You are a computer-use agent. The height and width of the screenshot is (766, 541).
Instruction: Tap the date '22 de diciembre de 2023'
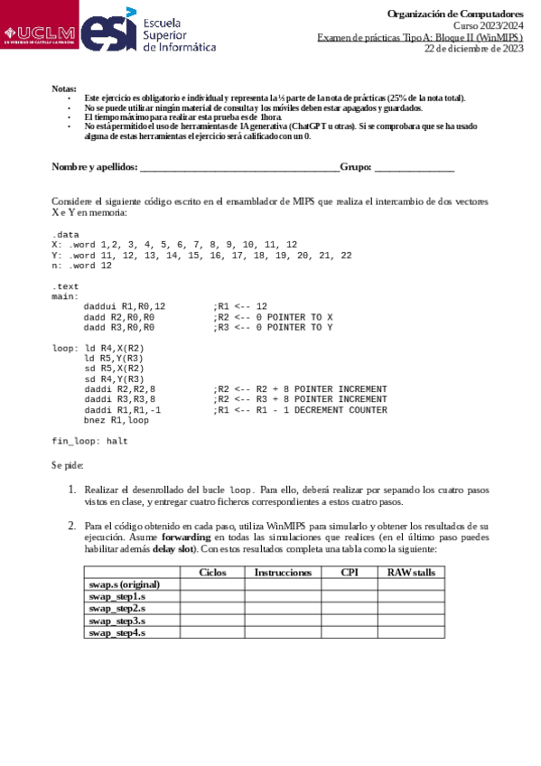(474, 49)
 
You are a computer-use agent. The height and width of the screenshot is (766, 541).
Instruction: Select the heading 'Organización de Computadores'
(454, 14)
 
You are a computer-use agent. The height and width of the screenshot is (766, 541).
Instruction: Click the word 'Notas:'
(64, 89)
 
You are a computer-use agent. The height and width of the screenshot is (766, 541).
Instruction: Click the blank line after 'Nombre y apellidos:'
(239, 167)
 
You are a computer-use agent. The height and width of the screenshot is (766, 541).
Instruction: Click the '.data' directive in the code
(65, 234)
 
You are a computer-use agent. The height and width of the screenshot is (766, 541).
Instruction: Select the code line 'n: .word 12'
(81, 266)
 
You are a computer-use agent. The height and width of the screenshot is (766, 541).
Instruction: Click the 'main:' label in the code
(65, 296)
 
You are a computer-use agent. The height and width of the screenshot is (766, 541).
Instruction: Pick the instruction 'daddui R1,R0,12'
(124, 306)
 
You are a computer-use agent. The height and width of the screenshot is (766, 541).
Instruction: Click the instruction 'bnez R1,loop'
(117, 420)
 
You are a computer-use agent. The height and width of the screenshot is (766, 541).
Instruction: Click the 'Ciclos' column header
(212, 573)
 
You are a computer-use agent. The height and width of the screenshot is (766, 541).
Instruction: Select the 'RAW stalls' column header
(411, 573)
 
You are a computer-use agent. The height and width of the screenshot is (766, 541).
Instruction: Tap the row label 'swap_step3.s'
(117, 621)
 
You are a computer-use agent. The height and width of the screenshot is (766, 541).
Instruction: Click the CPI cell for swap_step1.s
(349, 597)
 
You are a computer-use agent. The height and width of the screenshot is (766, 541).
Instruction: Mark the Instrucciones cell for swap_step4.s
(283, 633)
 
